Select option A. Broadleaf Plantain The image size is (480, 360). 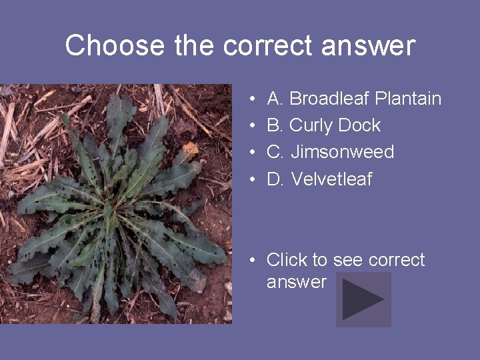click(x=353, y=99)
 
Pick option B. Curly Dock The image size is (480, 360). click(x=323, y=125)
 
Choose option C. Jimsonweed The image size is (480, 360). click(x=330, y=152)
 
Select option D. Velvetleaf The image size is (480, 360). click(x=319, y=179)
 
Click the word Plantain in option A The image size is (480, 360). click(x=408, y=99)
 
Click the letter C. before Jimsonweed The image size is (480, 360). click(x=276, y=152)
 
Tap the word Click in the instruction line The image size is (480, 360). click(x=287, y=259)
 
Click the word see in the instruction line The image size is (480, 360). click(x=347, y=259)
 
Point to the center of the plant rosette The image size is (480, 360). click(x=113, y=213)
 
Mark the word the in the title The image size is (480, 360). click(x=196, y=46)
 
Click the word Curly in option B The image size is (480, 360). click(x=311, y=125)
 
